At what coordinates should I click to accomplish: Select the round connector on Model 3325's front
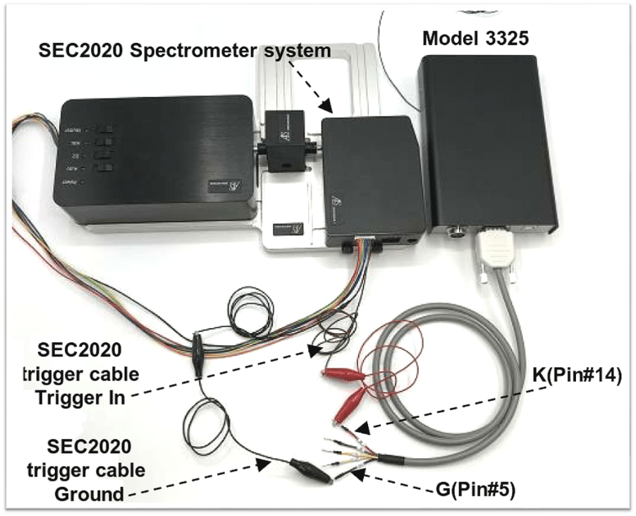click(x=455, y=229)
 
